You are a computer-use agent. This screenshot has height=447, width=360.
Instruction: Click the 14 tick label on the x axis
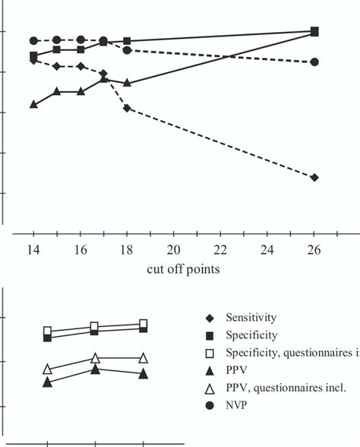point(33,250)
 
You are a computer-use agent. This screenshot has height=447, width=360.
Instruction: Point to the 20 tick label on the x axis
point(174,250)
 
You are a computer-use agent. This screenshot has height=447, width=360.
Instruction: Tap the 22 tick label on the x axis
point(221,250)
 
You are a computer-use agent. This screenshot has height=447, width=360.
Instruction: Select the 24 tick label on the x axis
point(268,250)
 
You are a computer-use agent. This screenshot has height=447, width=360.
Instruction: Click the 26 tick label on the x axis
point(314,250)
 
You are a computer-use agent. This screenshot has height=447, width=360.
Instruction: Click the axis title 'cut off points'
point(174,269)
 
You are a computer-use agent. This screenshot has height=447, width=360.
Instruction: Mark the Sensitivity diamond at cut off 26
point(314,177)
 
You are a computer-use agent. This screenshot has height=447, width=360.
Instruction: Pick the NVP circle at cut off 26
point(314,62)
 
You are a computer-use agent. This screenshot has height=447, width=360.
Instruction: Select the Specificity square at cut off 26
point(314,32)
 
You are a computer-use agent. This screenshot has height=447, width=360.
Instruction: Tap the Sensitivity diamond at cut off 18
point(127,109)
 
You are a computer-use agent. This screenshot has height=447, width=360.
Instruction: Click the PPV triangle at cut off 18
point(127,82)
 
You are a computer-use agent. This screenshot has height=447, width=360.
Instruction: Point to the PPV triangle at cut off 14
point(33,103)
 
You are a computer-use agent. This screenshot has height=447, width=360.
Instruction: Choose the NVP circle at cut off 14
point(33,40)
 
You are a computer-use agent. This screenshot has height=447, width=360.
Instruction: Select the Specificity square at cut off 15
point(57,49)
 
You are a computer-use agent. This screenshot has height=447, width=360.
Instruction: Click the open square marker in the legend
point(209,352)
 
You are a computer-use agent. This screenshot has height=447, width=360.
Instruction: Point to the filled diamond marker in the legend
point(209,317)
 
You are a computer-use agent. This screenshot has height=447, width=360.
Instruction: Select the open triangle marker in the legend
point(209,387)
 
